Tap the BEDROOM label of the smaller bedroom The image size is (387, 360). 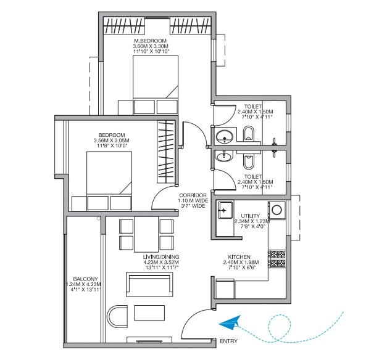click(112, 135)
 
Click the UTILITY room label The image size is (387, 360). click(251, 216)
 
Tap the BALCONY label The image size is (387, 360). click(82, 278)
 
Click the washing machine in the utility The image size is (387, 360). click(277, 210)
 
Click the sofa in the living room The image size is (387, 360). click(146, 285)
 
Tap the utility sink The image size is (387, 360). click(224, 211)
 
